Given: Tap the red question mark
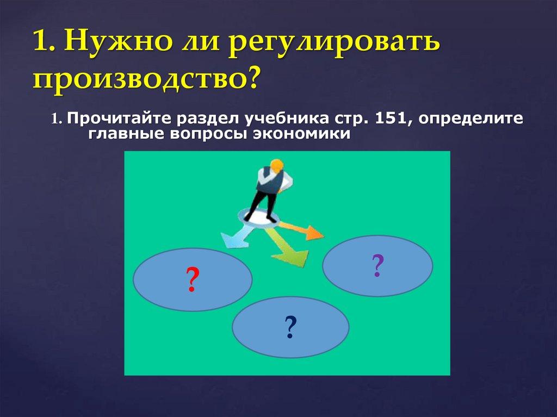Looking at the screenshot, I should [191, 281].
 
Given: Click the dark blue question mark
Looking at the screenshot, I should [290, 327].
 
